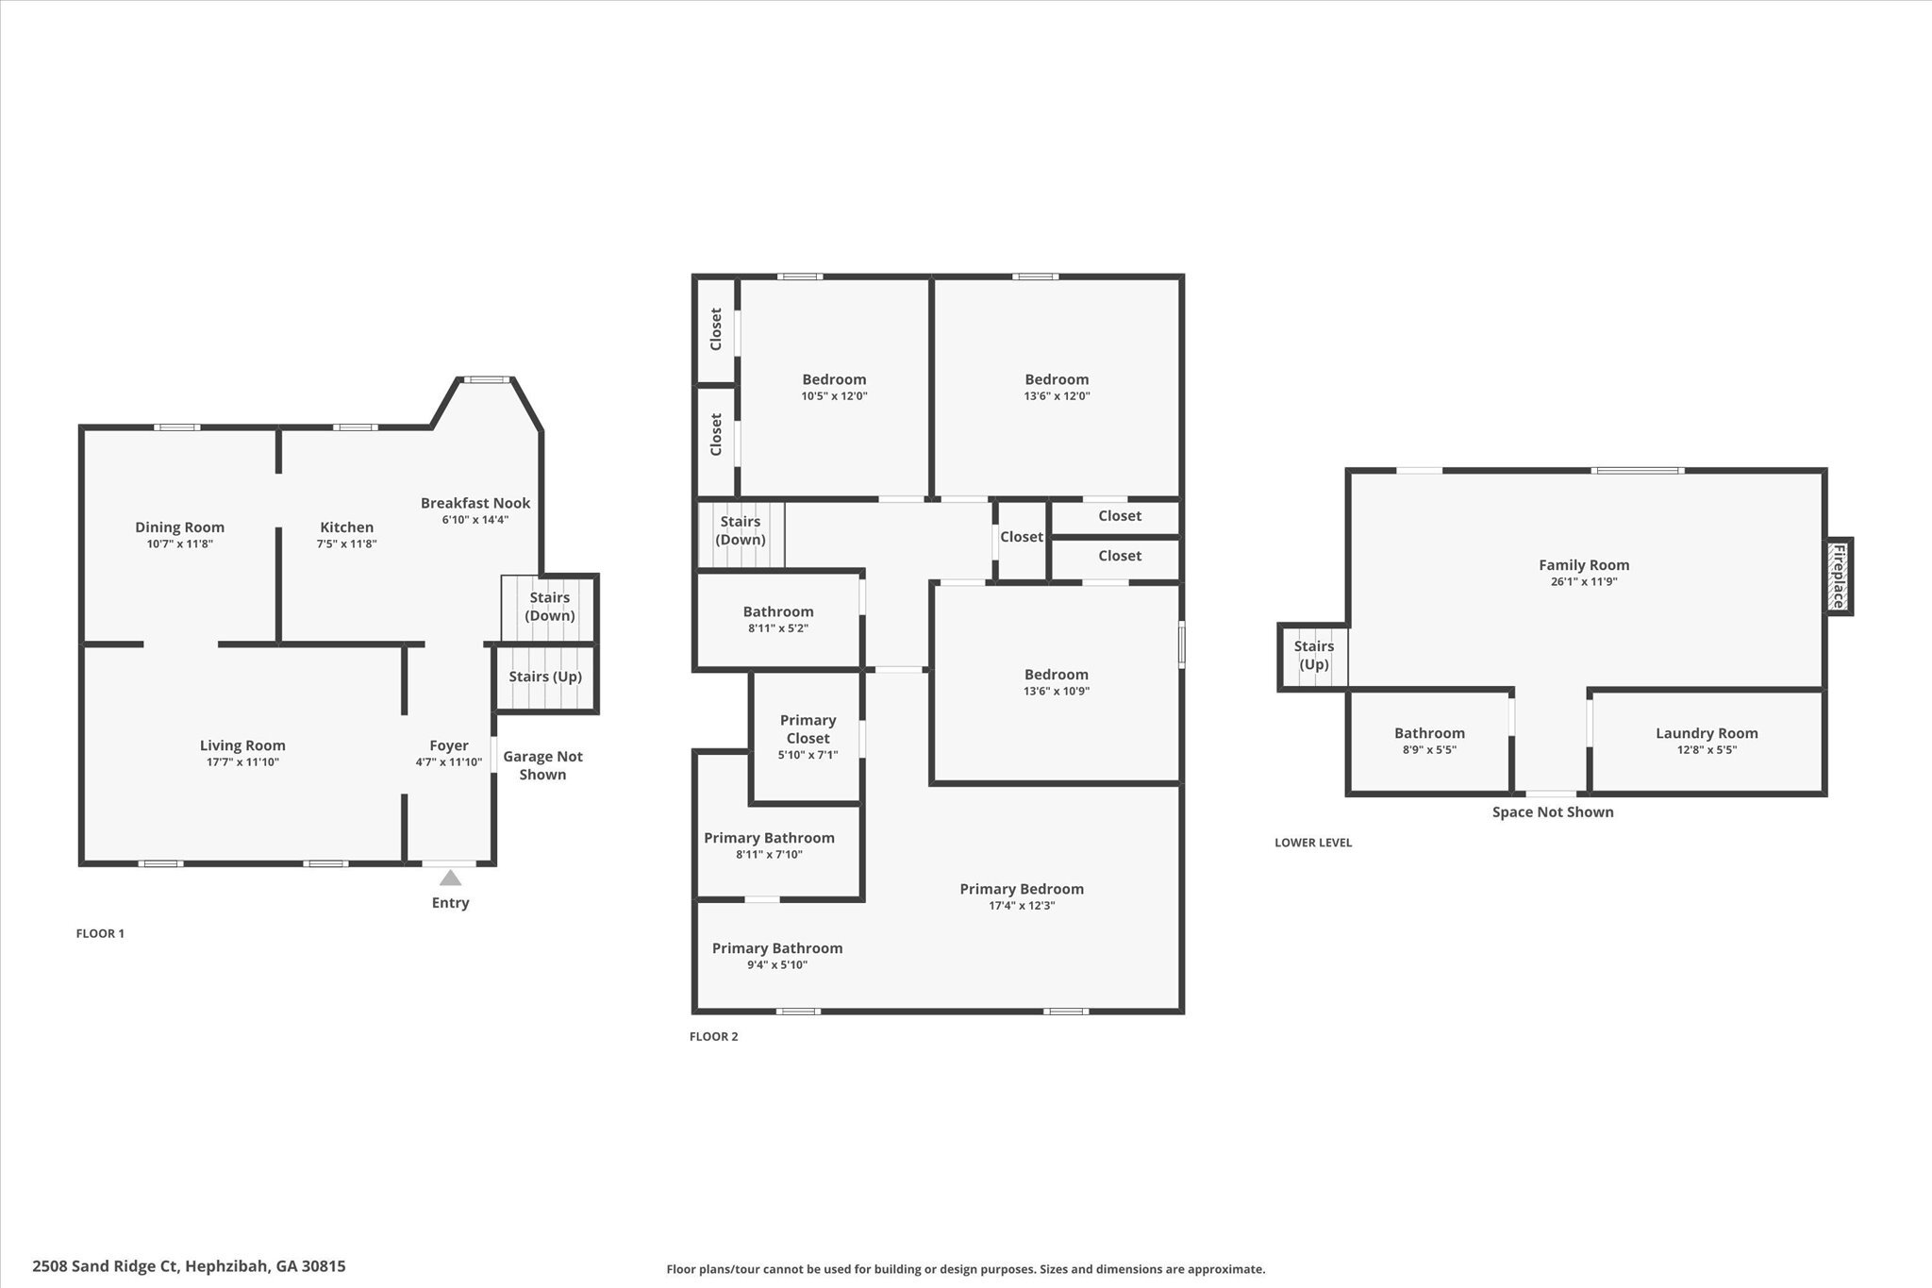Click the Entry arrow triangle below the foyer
tap(451, 878)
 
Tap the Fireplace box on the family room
tap(1839, 577)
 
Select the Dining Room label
tap(179, 527)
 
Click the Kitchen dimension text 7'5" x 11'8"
tap(346, 544)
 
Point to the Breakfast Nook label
tap(475, 503)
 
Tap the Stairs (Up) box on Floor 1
tap(545, 677)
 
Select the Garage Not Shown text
tap(542, 765)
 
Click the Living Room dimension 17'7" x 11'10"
tap(242, 762)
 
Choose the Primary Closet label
tap(808, 729)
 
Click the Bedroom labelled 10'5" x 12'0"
tap(834, 387)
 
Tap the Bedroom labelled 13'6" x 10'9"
tap(1056, 681)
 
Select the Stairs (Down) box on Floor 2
tap(741, 531)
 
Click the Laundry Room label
tap(1707, 733)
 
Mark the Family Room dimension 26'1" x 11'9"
tap(1584, 582)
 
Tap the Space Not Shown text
tap(1552, 812)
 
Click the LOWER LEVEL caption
tap(1313, 843)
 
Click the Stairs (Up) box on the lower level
tap(1313, 656)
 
